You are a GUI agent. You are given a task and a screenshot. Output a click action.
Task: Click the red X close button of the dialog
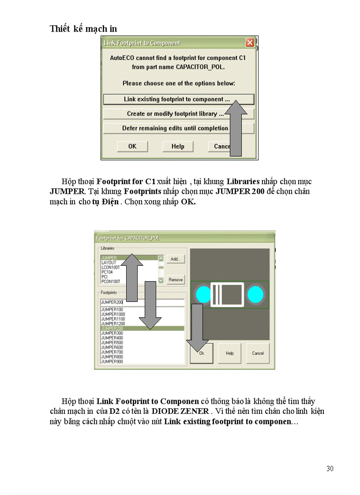pos(250,43)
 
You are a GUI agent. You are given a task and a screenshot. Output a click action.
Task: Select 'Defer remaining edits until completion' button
pos(175,128)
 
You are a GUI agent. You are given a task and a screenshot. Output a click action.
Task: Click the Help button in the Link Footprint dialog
pos(178,146)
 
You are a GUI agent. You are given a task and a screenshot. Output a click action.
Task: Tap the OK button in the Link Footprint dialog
pos(132,146)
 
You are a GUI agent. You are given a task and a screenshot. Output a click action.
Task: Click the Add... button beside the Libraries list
pos(175,259)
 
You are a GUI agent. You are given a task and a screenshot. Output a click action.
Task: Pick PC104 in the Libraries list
pos(107,272)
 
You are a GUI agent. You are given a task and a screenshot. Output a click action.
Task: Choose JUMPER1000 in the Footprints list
pos(113,314)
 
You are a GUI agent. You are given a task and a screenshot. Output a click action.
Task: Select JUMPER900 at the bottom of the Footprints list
pos(112,361)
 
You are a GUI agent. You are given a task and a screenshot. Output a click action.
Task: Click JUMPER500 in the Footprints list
pos(112,342)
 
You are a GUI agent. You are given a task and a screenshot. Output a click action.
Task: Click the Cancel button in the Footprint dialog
pos(258,353)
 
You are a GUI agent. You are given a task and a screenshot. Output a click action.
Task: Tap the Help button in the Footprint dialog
pos(229,353)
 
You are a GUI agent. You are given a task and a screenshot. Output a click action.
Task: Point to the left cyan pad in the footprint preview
pos(203,294)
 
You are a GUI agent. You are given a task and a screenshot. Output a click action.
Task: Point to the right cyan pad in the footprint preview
pos(255,294)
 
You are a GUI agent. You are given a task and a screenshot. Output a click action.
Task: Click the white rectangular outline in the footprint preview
pos(227,294)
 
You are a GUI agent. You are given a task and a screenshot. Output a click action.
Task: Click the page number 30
pos(330,469)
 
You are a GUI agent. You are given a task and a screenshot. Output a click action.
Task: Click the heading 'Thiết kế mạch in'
pos(83,29)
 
